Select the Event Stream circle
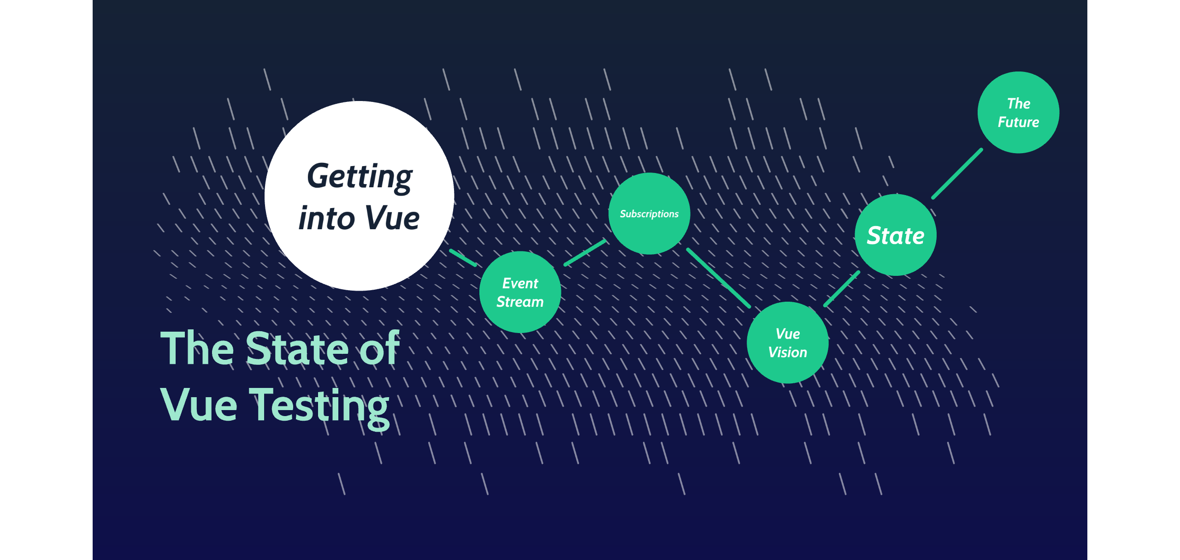click(x=520, y=318)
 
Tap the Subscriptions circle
click(x=649, y=235)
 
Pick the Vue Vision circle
click(x=787, y=369)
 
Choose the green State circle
click(x=896, y=258)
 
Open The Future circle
click(x=1018, y=138)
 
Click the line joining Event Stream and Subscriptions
click(x=585, y=253)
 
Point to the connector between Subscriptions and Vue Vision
click(x=718, y=278)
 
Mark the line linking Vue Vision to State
click(x=842, y=289)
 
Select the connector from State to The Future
click(x=957, y=174)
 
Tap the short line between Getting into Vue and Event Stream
click(x=463, y=258)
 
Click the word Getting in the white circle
click(x=360, y=177)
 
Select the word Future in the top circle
click(x=1018, y=122)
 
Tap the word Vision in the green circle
click(x=787, y=352)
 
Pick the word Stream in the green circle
click(x=520, y=302)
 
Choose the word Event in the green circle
click(x=520, y=283)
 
